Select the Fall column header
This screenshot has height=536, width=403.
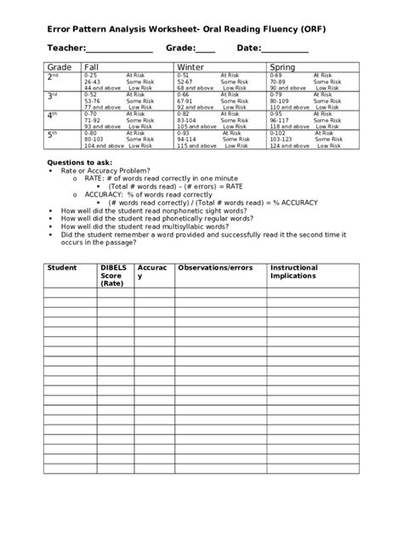point(92,66)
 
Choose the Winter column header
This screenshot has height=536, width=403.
point(190,66)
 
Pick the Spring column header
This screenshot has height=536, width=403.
point(282,66)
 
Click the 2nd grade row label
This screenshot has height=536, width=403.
point(53,77)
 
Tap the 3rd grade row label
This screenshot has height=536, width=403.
point(53,95)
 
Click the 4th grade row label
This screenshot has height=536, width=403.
point(53,115)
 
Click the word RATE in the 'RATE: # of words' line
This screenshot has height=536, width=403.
point(95,178)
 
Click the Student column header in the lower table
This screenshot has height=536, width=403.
point(61,268)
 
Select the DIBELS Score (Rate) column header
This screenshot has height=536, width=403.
point(113,276)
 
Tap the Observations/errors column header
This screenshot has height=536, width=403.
point(214,268)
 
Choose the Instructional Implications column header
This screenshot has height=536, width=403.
point(293,272)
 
